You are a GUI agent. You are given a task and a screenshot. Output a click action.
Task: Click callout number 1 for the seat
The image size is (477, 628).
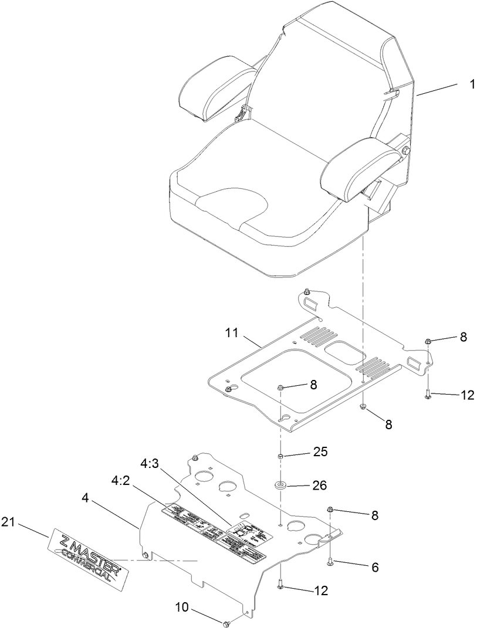click(x=471, y=84)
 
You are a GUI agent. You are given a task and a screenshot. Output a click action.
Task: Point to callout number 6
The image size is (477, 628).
click(x=374, y=567)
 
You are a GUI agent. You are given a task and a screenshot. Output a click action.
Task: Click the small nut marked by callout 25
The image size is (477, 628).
click(x=281, y=456)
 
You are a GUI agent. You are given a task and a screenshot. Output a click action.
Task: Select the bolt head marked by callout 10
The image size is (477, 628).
click(x=226, y=623)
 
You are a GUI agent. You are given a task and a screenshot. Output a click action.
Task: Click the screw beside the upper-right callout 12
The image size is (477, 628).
click(x=427, y=395)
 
